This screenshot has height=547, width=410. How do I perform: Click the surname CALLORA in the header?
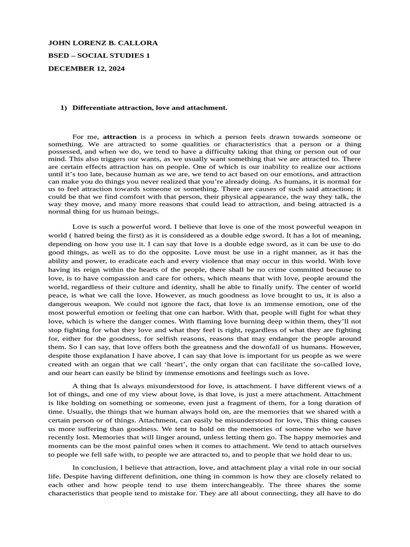tap(137, 43)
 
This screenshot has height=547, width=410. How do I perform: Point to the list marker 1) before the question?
tap(64, 107)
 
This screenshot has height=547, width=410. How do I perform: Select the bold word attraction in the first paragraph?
tap(120, 137)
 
